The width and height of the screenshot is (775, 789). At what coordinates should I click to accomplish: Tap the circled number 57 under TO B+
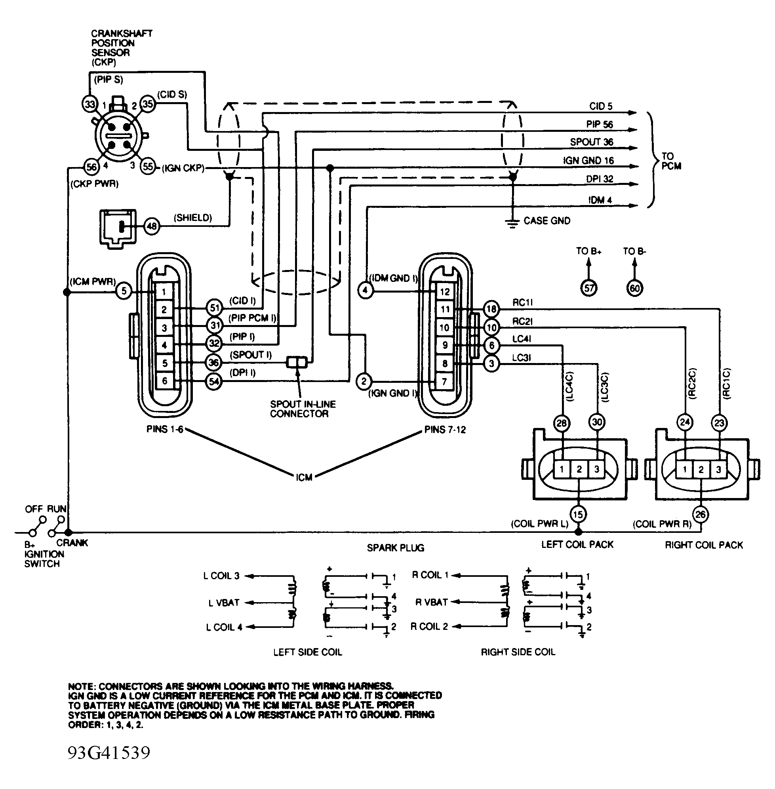click(589, 288)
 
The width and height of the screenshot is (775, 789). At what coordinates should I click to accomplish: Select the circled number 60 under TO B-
click(634, 288)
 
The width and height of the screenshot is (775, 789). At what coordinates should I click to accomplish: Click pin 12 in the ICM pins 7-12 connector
click(444, 291)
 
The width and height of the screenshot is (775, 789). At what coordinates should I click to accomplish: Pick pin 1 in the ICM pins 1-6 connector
click(164, 291)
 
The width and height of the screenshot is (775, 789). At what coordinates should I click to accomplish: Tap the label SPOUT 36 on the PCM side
click(591, 142)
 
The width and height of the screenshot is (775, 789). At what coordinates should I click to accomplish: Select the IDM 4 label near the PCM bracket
click(600, 200)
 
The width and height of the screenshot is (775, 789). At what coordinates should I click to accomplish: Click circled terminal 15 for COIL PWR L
click(578, 514)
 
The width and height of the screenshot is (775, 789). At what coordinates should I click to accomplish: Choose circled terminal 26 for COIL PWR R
click(700, 514)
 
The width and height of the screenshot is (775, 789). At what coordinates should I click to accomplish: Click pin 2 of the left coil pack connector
click(579, 469)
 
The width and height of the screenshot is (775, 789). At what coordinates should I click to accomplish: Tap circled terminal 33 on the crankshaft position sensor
click(89, 104)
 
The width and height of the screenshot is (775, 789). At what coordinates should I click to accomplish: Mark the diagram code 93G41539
click(109, 753)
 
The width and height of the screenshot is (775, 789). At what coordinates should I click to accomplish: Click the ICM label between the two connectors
click(304, 477)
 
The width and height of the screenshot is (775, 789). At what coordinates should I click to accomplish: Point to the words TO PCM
click(671, 161)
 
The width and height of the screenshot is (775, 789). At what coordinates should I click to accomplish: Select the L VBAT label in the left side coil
click(224, 603)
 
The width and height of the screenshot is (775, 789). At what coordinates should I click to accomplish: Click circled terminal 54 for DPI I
click(214, 381)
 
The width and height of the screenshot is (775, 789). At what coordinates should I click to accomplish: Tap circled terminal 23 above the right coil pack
click(719, 422)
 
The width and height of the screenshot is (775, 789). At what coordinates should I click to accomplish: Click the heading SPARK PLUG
click(395, 548)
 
